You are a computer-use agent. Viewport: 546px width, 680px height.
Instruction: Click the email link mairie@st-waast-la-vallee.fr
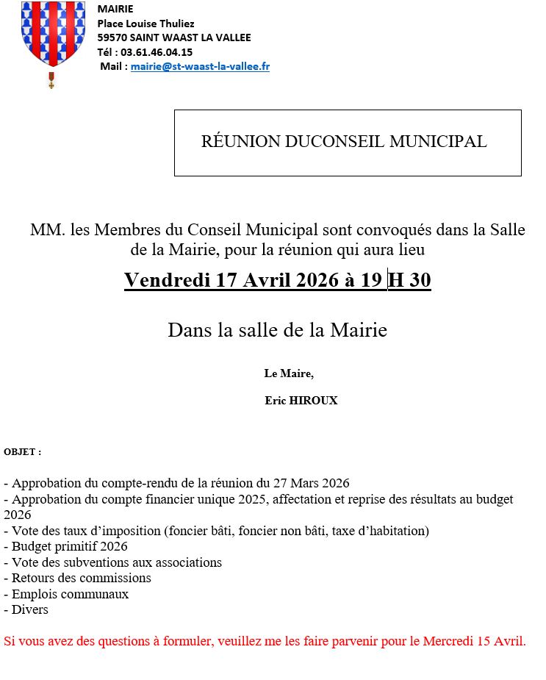coord(200,66)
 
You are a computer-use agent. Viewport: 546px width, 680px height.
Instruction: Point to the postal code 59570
coord(112,37)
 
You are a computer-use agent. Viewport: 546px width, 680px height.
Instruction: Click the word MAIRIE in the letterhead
coord(115,9)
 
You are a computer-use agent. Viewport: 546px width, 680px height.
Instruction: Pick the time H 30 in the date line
coord(409,280)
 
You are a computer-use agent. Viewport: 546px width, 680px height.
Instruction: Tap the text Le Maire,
coord(289,373)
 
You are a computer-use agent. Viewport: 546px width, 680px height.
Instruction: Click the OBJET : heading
coord(23,451)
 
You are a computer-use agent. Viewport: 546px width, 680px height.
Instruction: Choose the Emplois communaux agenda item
coord(70,594)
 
